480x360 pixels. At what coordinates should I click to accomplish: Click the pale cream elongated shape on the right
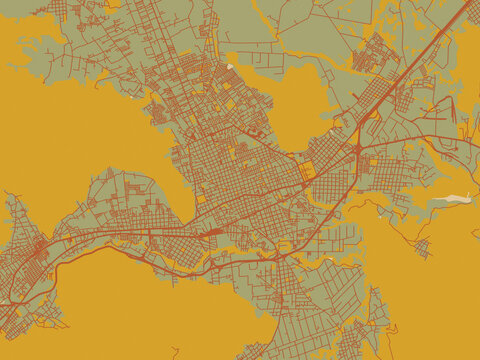pyautogui.click(x=456, y=199)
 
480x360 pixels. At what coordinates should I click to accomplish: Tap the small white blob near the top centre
pyautogui.click(x=230, y=67)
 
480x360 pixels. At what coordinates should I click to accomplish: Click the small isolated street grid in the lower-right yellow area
pyautogui.click(x=422, y=246)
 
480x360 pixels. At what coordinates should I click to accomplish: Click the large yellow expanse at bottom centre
pyautogui.click(x=160, y=310)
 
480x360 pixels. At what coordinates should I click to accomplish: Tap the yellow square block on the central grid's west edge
pyautogui.click(x=201, y=198)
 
